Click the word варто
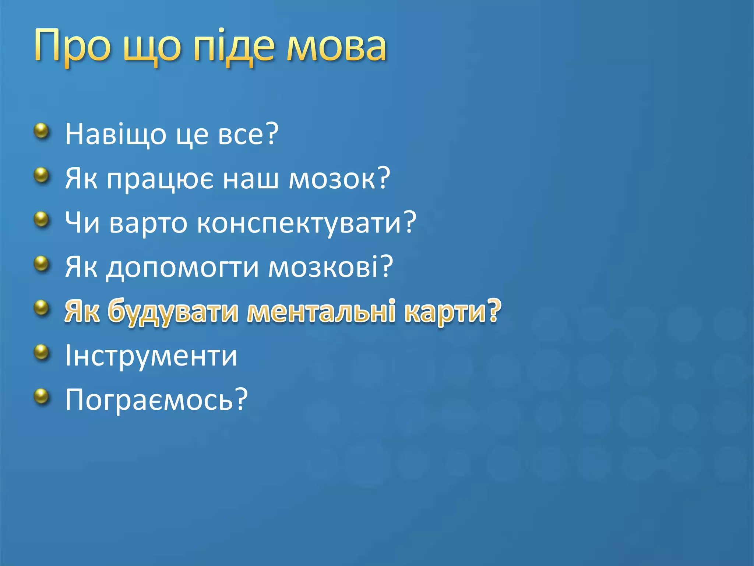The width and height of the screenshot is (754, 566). pyautogui.click(x=148, y=223)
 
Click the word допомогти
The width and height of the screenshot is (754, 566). pyautogui.click(x=183, y=268)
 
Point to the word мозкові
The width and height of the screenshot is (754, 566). pyautogui.click(x=323, y=268)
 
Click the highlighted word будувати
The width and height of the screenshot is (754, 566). pyautogui.click(x=173, y=312)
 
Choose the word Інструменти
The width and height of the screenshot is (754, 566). pyautogui.click(x=151, y=356)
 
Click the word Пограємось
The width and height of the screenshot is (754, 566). pyautogui.click(x=149, y=400)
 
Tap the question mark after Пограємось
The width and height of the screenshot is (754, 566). pyautogui.click(x=242, y=399)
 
